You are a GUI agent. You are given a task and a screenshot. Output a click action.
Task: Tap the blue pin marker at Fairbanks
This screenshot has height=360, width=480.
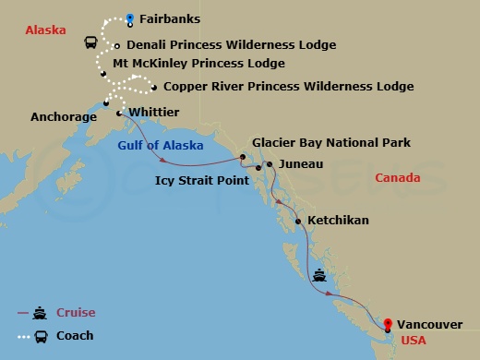[x=130, y=17]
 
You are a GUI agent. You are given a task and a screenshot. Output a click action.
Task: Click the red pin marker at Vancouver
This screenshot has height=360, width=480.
[x=388, y=324]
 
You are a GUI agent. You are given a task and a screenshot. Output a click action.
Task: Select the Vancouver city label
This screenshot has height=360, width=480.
[x=430, y=324]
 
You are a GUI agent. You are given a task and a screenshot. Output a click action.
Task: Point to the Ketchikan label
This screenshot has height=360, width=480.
[x=338, y=221]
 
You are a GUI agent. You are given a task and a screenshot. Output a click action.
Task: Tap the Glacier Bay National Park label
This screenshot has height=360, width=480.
[x=331, y=143]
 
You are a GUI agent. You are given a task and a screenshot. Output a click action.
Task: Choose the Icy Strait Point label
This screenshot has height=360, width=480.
[x=202, y=181]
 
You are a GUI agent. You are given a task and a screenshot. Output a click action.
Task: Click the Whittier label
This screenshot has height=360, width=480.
[x=154, y=112]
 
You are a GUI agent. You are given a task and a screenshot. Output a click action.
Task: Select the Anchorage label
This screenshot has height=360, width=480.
[x=64, y=117]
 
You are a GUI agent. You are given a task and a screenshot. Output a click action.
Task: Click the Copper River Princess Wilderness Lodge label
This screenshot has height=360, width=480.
[x=288, y=87]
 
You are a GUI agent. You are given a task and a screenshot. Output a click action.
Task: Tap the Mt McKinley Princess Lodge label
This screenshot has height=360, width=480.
[x=198, y=64]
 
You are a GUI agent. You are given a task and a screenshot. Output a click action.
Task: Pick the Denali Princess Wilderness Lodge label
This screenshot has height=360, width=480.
[x=231, y=44]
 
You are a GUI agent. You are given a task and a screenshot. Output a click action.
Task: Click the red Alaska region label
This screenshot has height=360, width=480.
[x=45, y=30]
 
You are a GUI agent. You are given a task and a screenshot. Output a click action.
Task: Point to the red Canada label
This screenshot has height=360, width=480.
[x=398, y=177]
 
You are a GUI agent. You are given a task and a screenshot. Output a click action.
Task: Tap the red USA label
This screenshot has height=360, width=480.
[x=412, y=341]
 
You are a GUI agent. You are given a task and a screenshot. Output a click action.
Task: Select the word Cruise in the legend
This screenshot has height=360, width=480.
[x=76, y=312]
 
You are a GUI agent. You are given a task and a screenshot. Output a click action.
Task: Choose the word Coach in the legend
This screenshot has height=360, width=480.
[x=75, y=336]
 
